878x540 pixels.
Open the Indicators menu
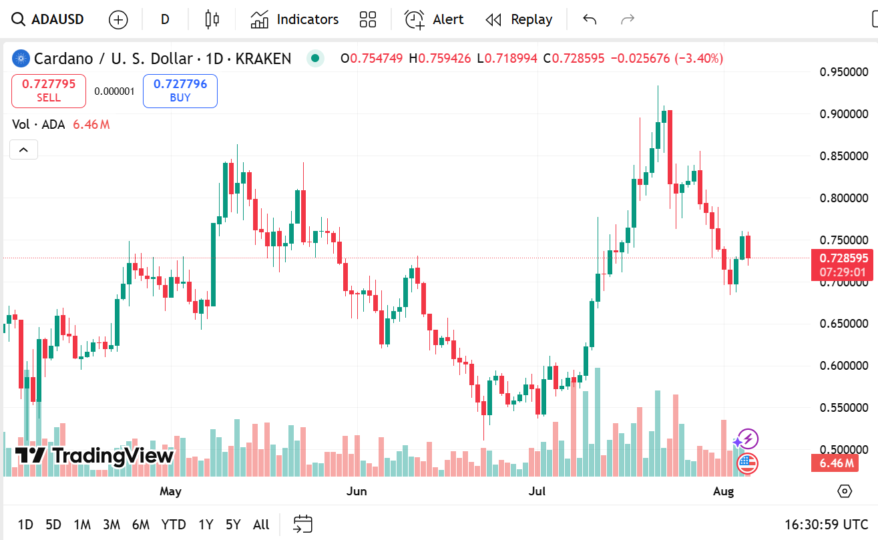pos(294,19)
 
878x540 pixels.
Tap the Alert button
pos(434,19)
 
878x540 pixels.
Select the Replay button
pos(519,19)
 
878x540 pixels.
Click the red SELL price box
pos(49,91)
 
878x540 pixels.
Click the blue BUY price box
pos(180,91)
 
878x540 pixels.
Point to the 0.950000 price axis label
pos(844,72)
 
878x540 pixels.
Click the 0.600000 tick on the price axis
pos(844,366)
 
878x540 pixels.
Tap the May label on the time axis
pos(170,492)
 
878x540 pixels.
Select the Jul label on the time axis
pos(537,492)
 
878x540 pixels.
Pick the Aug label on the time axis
pos(723,492)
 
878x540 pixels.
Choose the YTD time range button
pos(174,525)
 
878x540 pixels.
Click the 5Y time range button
pos(232,525)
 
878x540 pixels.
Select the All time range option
pos(261,525)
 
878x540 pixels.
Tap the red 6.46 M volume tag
pos(835,463)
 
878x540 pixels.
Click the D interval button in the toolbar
pos(165,19)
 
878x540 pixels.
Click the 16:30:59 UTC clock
pos(826,525)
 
